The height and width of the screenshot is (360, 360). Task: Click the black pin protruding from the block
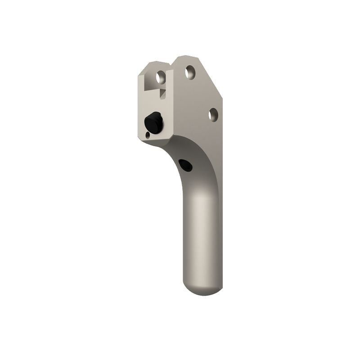[x=154, y=122]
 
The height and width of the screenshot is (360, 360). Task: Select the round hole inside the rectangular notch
[x=161, y=77]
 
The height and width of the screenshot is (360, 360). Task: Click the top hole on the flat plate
[x=190, y=72]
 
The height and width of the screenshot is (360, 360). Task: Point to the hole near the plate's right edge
[x=213, y=114]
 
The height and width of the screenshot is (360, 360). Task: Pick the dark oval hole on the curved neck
[x=185, y=165]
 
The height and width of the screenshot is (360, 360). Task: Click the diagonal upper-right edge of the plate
[x=210, y=76]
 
